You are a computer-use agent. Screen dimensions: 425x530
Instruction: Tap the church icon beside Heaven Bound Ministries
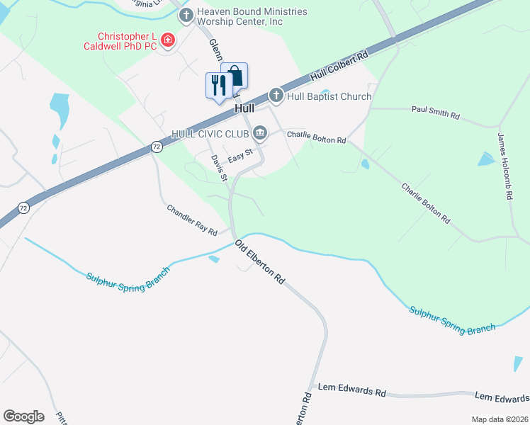pyautogui.click(x=186, y=16)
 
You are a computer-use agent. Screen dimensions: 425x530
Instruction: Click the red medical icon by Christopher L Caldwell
pyautogui.click(x=168, y=40)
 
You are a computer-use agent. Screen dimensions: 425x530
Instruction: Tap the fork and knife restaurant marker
pyautogui.click(x=218, y=85)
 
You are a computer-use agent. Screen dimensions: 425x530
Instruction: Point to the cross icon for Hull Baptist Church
pyautogui.click(x=276, y=96)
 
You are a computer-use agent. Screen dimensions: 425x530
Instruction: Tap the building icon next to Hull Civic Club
pyautogui.click(x=261, y=132)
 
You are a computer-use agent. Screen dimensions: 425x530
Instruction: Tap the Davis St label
pyautogui.click(x=218, y=167)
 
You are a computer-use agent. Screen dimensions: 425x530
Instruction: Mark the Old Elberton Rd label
pyautogui.click(x=260, y=261)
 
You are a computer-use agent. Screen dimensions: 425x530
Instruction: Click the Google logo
pyautogui.click(x=23, y=416)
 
